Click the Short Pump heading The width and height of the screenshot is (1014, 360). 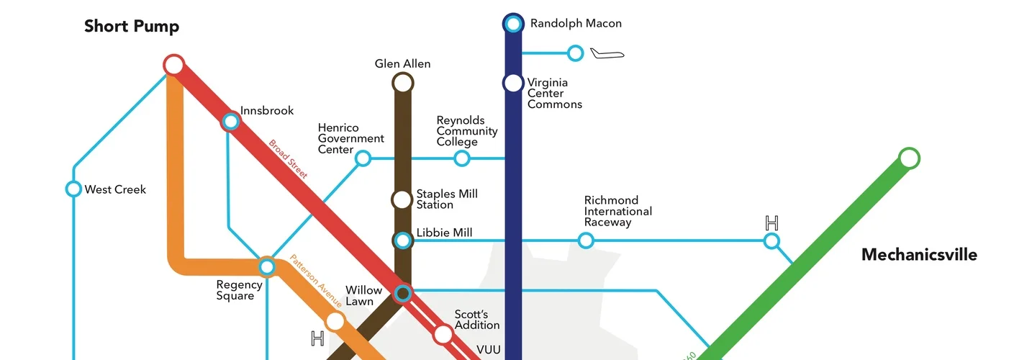(x=132, y=27)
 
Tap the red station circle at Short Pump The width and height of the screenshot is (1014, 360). (x=173, y=65)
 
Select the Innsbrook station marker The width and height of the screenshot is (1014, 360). (x=230, y=121)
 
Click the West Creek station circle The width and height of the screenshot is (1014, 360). (x=73, y=189)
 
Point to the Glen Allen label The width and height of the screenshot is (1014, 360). (x=402, y=64)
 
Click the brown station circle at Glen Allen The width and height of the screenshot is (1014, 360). (x=402, y=84)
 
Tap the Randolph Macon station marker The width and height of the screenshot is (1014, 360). (x=513, y=24)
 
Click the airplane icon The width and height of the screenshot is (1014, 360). (x=607, y=53)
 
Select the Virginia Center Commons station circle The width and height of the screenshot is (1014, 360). (x=513, y=83)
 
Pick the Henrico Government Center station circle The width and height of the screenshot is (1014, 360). (x=363, y=158)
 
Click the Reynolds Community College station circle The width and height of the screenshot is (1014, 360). (x=462, y=158)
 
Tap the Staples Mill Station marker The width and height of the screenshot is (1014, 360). (x=402, y=199)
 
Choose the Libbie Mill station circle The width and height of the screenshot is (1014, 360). (x=403, y=240)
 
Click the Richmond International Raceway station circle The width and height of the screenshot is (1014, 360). (x=586, y=240)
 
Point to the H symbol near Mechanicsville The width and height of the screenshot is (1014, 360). (x=771, y=222)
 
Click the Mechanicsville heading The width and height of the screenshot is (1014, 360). (x=919, y=255)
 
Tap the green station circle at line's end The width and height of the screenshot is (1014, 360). (x=910, y=158)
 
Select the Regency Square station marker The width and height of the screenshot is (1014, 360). (x=267, y=267)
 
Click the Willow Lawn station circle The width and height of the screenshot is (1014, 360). (x=403, y=292)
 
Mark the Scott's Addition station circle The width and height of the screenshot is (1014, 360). (x=443, y=334)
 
